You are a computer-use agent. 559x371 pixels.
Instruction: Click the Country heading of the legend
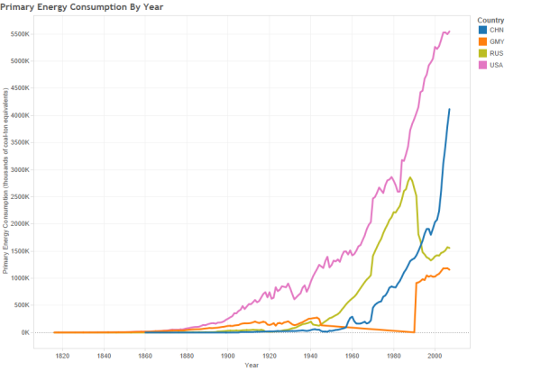(x=491, y=20)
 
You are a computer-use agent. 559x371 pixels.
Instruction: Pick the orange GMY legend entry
(x=495, y=41)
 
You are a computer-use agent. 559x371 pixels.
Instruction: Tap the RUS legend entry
(x=495, y=52)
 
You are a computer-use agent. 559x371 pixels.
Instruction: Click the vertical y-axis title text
(x=5, y=180)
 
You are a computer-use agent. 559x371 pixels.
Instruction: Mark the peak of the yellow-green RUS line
(x=410, y=177)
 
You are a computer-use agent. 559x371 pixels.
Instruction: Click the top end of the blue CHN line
(x=449, y=109)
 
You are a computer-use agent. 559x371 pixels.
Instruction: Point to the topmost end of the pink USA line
(x=449, y=31)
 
